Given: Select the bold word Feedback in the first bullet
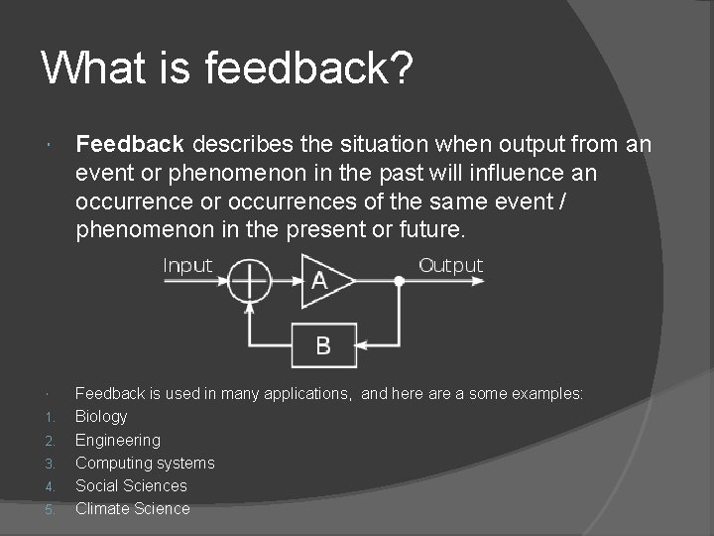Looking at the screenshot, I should (x=129, y=145).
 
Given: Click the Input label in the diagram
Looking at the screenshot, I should (x=187, y=265).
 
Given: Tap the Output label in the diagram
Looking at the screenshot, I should (x=450, y=265).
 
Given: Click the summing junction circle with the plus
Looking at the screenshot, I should (x=249, y=282).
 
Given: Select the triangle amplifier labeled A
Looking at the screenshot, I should (x=324, y=281).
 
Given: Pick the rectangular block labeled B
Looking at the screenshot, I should (x=322, y=345).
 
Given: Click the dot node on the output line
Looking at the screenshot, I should (x=399, y=282).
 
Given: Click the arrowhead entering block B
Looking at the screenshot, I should (x=363, y=345).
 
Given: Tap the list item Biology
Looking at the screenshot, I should (x=101, y=417).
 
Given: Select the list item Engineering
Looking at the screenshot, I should (x=117, y=440).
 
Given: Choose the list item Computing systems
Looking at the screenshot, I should (x=145, y=463).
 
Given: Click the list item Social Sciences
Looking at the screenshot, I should (x=131, y=485).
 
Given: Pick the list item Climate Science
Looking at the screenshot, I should (x=132, y=508).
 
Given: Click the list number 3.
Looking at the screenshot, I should (x=51, y=464).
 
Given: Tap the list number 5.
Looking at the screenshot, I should (x=51, y=509).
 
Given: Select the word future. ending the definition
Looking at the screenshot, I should (x=433, y=229).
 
